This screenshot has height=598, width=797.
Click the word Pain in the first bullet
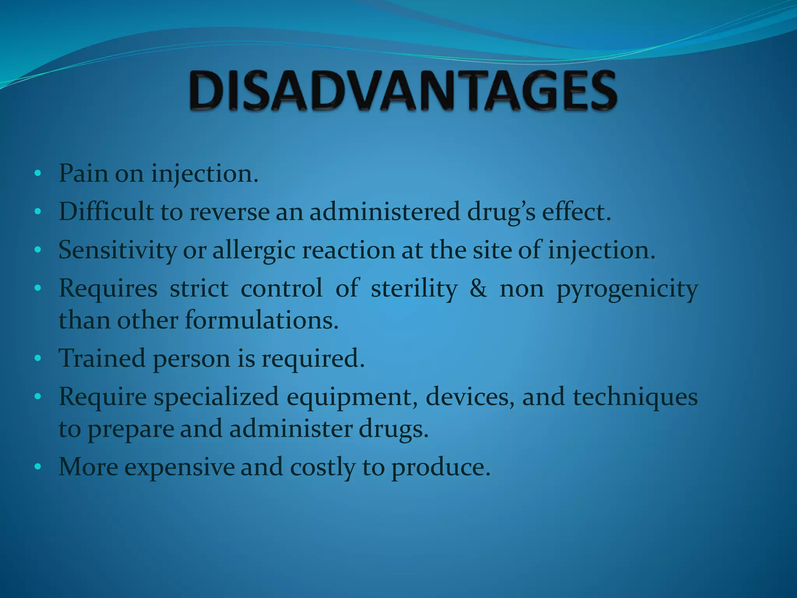[x=83, y=173]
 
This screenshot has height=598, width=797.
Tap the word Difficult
[x=106, y=212]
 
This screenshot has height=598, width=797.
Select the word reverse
[x=230, y=212]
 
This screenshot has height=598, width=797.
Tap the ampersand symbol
[x=478, y=288]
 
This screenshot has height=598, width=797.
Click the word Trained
[x=102, y=358]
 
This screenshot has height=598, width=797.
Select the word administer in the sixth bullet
[x=290, y=429]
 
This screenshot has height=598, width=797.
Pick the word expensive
[x=179, y=467]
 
